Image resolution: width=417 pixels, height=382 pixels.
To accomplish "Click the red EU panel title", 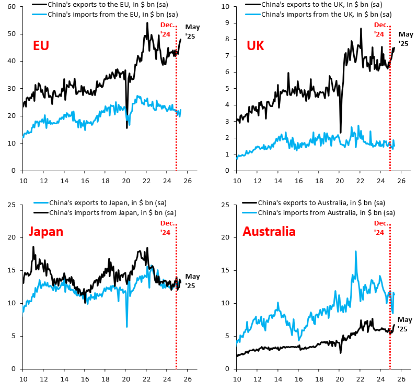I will [x=41, y=46].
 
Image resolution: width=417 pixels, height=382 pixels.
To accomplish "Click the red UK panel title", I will [x=255, y=46].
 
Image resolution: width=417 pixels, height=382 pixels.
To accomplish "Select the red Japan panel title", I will [x=45, y=231].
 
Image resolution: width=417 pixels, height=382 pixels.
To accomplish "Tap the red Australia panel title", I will [x=269, y=231].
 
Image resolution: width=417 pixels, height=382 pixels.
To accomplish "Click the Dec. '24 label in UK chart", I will [x=381, y=29].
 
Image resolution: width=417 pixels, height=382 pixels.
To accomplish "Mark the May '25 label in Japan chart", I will [x=192, y=281].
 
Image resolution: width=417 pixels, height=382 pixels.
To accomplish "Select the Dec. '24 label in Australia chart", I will [x=381, y=228].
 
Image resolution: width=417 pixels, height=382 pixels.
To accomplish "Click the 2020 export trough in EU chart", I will [x=126, y=127].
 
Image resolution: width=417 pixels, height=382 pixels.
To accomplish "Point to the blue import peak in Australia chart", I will [x=356, y=252].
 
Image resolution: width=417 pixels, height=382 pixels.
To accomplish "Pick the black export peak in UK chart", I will [x=361, y=29].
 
